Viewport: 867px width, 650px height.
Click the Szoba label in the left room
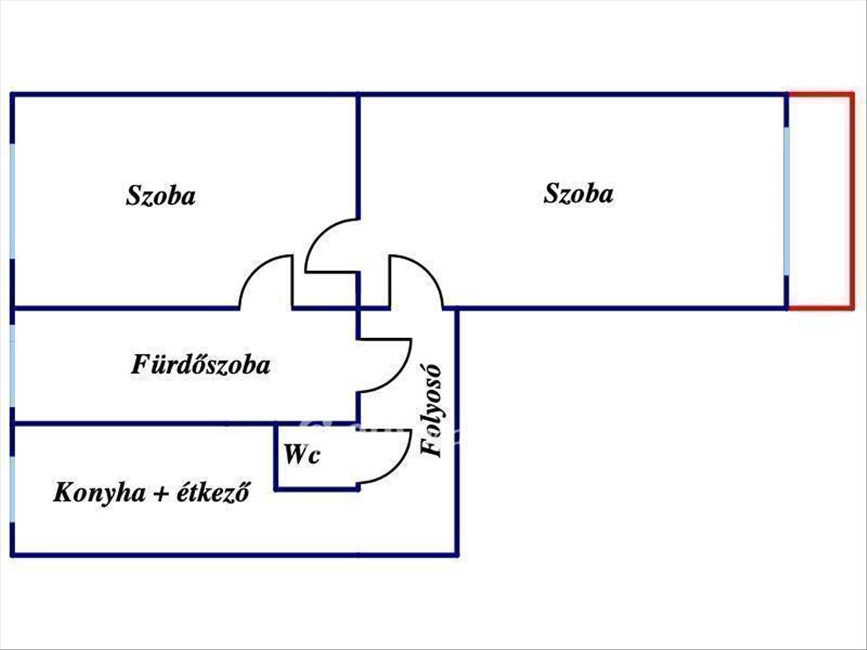(160, 196)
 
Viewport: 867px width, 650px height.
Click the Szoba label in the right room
(579, 194)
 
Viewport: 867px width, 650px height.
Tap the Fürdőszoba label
(201, 365)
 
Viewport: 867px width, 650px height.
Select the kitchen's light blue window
(12, 487)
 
